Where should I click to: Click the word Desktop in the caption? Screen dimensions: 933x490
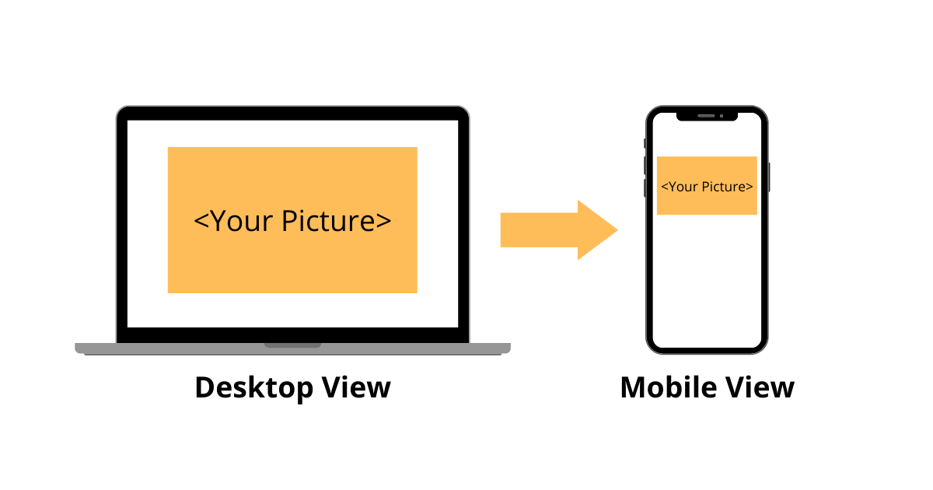pos(254,388)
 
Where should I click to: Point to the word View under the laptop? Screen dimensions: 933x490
pos(356,387)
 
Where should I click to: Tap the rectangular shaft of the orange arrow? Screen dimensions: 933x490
pos(539,229)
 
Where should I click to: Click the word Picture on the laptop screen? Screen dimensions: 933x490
pos(328,220)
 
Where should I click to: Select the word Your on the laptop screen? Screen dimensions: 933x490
pos(242,221)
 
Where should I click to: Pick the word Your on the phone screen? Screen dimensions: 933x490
pos(683,187)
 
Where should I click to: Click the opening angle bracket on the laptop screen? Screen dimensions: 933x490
pos(201,221)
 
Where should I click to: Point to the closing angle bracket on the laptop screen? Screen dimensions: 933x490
pos(383,221)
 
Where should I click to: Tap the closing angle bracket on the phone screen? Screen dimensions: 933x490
pos(750,187)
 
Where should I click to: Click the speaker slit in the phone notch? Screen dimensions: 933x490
pos(706,116)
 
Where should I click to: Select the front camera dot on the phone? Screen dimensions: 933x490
pos(722,116)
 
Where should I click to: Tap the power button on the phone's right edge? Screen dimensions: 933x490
pos(769,177)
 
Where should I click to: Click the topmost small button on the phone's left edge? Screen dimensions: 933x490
pos(645,143)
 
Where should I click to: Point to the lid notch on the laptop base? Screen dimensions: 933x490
pos(292,345)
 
